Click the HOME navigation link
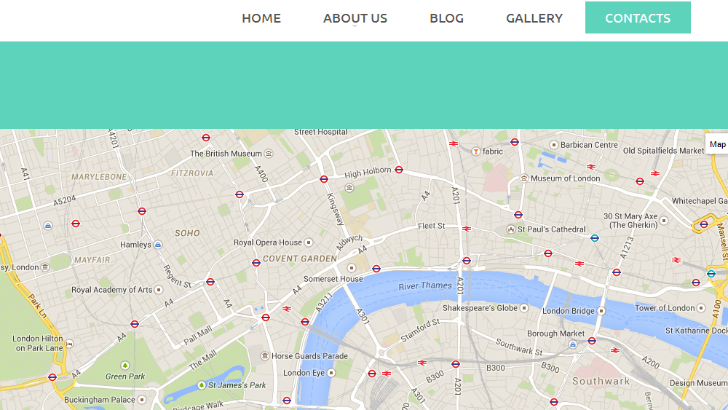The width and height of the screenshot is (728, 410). coord(261,18)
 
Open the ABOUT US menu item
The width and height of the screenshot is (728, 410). coord(355,18)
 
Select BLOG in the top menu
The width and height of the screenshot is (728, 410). coord(446,18)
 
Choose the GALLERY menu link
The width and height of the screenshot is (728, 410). coord(534,18)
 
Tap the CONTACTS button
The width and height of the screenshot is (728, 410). coord(638,18)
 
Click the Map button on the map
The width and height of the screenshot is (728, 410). coord(717,144)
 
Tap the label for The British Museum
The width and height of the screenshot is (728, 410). coord(226,154)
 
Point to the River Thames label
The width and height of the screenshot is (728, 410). coord(425,285)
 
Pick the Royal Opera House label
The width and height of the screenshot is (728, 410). coord(267,243)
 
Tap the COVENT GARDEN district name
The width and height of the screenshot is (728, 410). coord(300,259)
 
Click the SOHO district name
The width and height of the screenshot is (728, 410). coord(187,233)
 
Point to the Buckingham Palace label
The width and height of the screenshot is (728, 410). coord(100,400)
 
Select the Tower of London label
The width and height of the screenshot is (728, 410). coord(665,308)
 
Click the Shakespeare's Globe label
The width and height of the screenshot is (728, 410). coord(480,308)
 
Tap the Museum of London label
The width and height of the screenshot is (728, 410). coord(566,178)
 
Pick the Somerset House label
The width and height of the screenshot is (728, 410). coord(333,279)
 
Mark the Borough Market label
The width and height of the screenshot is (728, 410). coord(555,334)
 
